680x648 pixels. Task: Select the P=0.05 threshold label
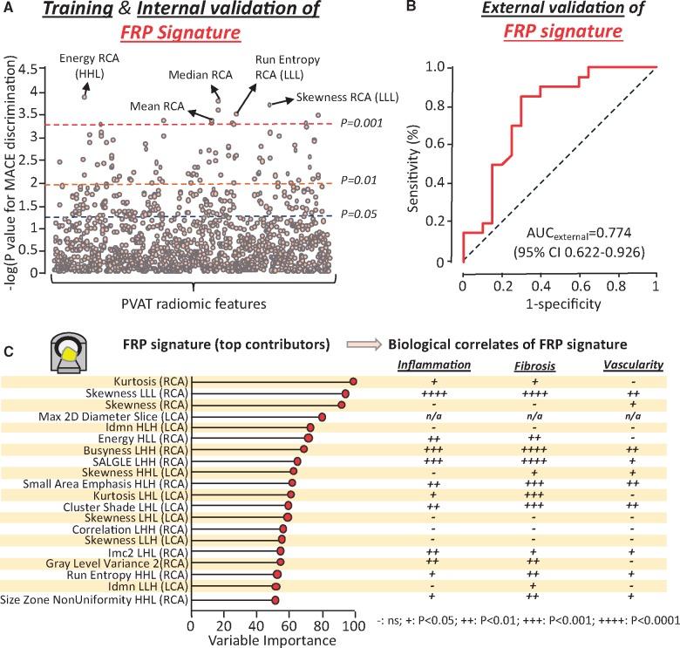(359, 213)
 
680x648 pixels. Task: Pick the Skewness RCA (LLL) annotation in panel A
(347, 97)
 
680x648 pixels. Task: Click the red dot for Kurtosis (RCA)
(353, 381)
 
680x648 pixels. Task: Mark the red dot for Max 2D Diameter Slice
(322, 417)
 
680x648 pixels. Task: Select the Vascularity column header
(632, 365)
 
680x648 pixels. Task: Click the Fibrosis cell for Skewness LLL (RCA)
(534, 393)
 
